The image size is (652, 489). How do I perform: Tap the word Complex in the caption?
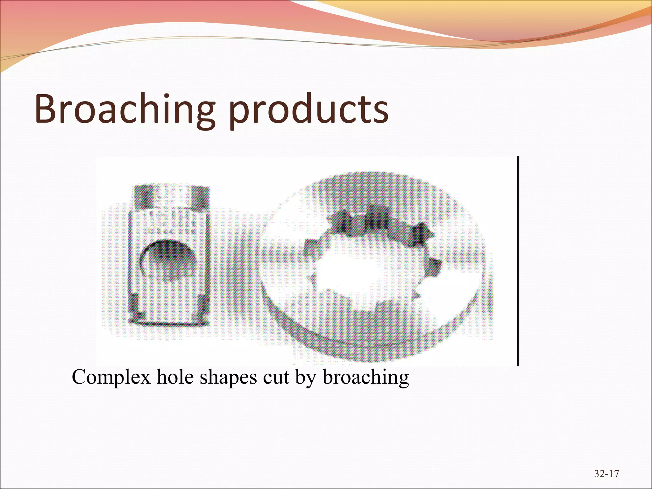point(111,377)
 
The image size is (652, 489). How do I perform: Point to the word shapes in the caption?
point(228,377)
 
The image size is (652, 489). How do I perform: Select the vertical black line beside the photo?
point(518,261)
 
